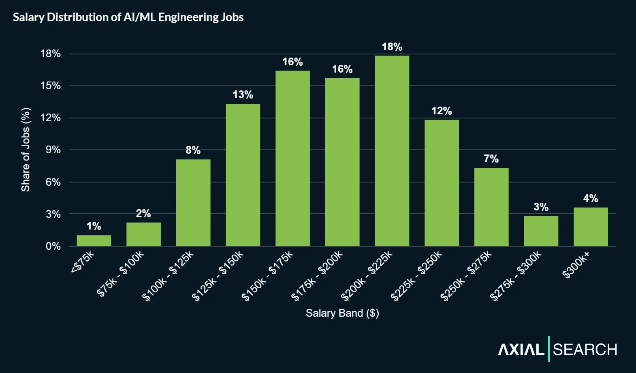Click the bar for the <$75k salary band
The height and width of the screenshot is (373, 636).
(94, 240)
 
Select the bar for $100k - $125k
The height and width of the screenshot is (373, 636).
(193, 203)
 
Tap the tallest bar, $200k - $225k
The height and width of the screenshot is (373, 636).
(392, 151)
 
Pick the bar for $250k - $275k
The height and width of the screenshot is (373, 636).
(491, 207)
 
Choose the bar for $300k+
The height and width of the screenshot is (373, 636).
(590, 227)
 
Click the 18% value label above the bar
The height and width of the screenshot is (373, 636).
(392, 47)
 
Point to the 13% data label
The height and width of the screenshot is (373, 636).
(243, 95)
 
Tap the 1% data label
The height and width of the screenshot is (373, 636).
(94, 226)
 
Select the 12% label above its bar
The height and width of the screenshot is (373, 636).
(441, 111)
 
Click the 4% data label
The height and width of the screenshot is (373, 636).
(590, 199)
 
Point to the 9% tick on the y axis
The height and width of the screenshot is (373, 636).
(53, 150)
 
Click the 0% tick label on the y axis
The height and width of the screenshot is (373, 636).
(53, 246)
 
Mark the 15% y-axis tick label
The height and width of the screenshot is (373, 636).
(51, 86)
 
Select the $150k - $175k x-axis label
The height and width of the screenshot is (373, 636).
(267, 276)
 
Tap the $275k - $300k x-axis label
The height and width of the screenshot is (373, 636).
(516, 276)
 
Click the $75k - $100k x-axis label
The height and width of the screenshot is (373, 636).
(120, 274)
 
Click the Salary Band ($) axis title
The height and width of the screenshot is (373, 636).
(342, 313)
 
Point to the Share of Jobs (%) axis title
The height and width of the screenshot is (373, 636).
(26, 150)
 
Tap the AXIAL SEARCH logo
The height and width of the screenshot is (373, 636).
(557, 349)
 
